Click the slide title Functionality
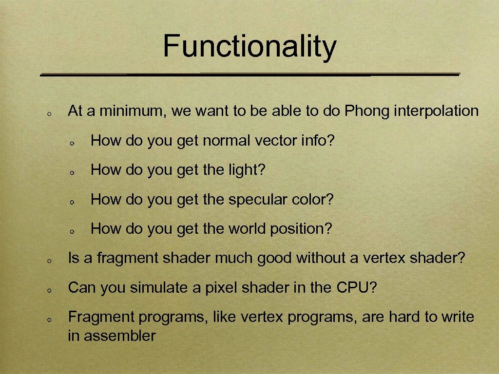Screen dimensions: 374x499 point(249,46)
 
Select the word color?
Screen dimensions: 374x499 point(314,200)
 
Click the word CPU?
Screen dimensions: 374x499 point(357,288)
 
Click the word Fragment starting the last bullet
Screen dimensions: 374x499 point(101,317)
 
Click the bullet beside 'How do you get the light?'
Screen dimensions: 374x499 point(71,172)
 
